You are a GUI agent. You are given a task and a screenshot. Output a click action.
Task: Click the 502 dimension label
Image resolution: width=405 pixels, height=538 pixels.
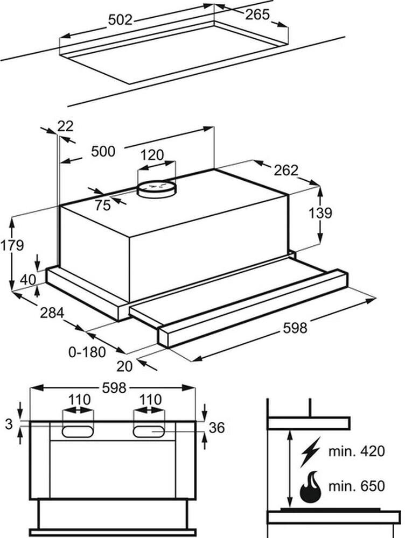pos(120,20)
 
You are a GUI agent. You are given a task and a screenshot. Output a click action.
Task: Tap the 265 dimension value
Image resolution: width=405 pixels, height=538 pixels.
pos(257,15)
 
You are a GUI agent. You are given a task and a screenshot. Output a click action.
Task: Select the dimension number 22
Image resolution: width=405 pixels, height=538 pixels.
pos(65,126)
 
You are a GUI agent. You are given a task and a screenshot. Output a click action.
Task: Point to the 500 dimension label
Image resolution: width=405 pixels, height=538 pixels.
pos(103,152)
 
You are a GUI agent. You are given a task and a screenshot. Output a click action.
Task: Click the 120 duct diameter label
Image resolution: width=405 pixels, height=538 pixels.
pos(152,155)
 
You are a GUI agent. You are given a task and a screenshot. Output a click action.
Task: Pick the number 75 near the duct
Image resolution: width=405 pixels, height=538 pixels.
pos(102,204)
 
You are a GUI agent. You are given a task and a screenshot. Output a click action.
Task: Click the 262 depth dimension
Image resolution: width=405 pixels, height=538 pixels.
pos(285,170)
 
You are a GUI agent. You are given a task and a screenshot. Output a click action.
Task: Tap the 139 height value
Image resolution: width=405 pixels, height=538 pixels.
pos(322,213)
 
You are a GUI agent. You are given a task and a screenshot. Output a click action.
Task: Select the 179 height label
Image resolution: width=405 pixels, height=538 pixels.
pos(12,246)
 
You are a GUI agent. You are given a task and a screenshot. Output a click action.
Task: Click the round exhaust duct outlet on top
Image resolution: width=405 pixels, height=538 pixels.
pos(157,188)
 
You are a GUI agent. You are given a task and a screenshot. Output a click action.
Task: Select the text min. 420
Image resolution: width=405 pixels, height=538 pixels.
pos(357,451)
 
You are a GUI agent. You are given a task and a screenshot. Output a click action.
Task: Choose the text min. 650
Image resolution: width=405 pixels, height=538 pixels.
pos(357,487)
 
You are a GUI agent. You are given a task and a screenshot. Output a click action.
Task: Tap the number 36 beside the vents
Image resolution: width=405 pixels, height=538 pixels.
pos(216,428)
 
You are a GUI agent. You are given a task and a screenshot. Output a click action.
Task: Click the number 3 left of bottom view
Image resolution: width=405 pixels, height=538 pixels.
pos(8,424)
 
